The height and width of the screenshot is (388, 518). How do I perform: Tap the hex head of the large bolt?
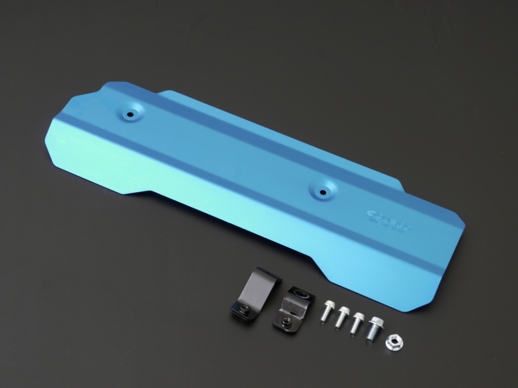(375, 319)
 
